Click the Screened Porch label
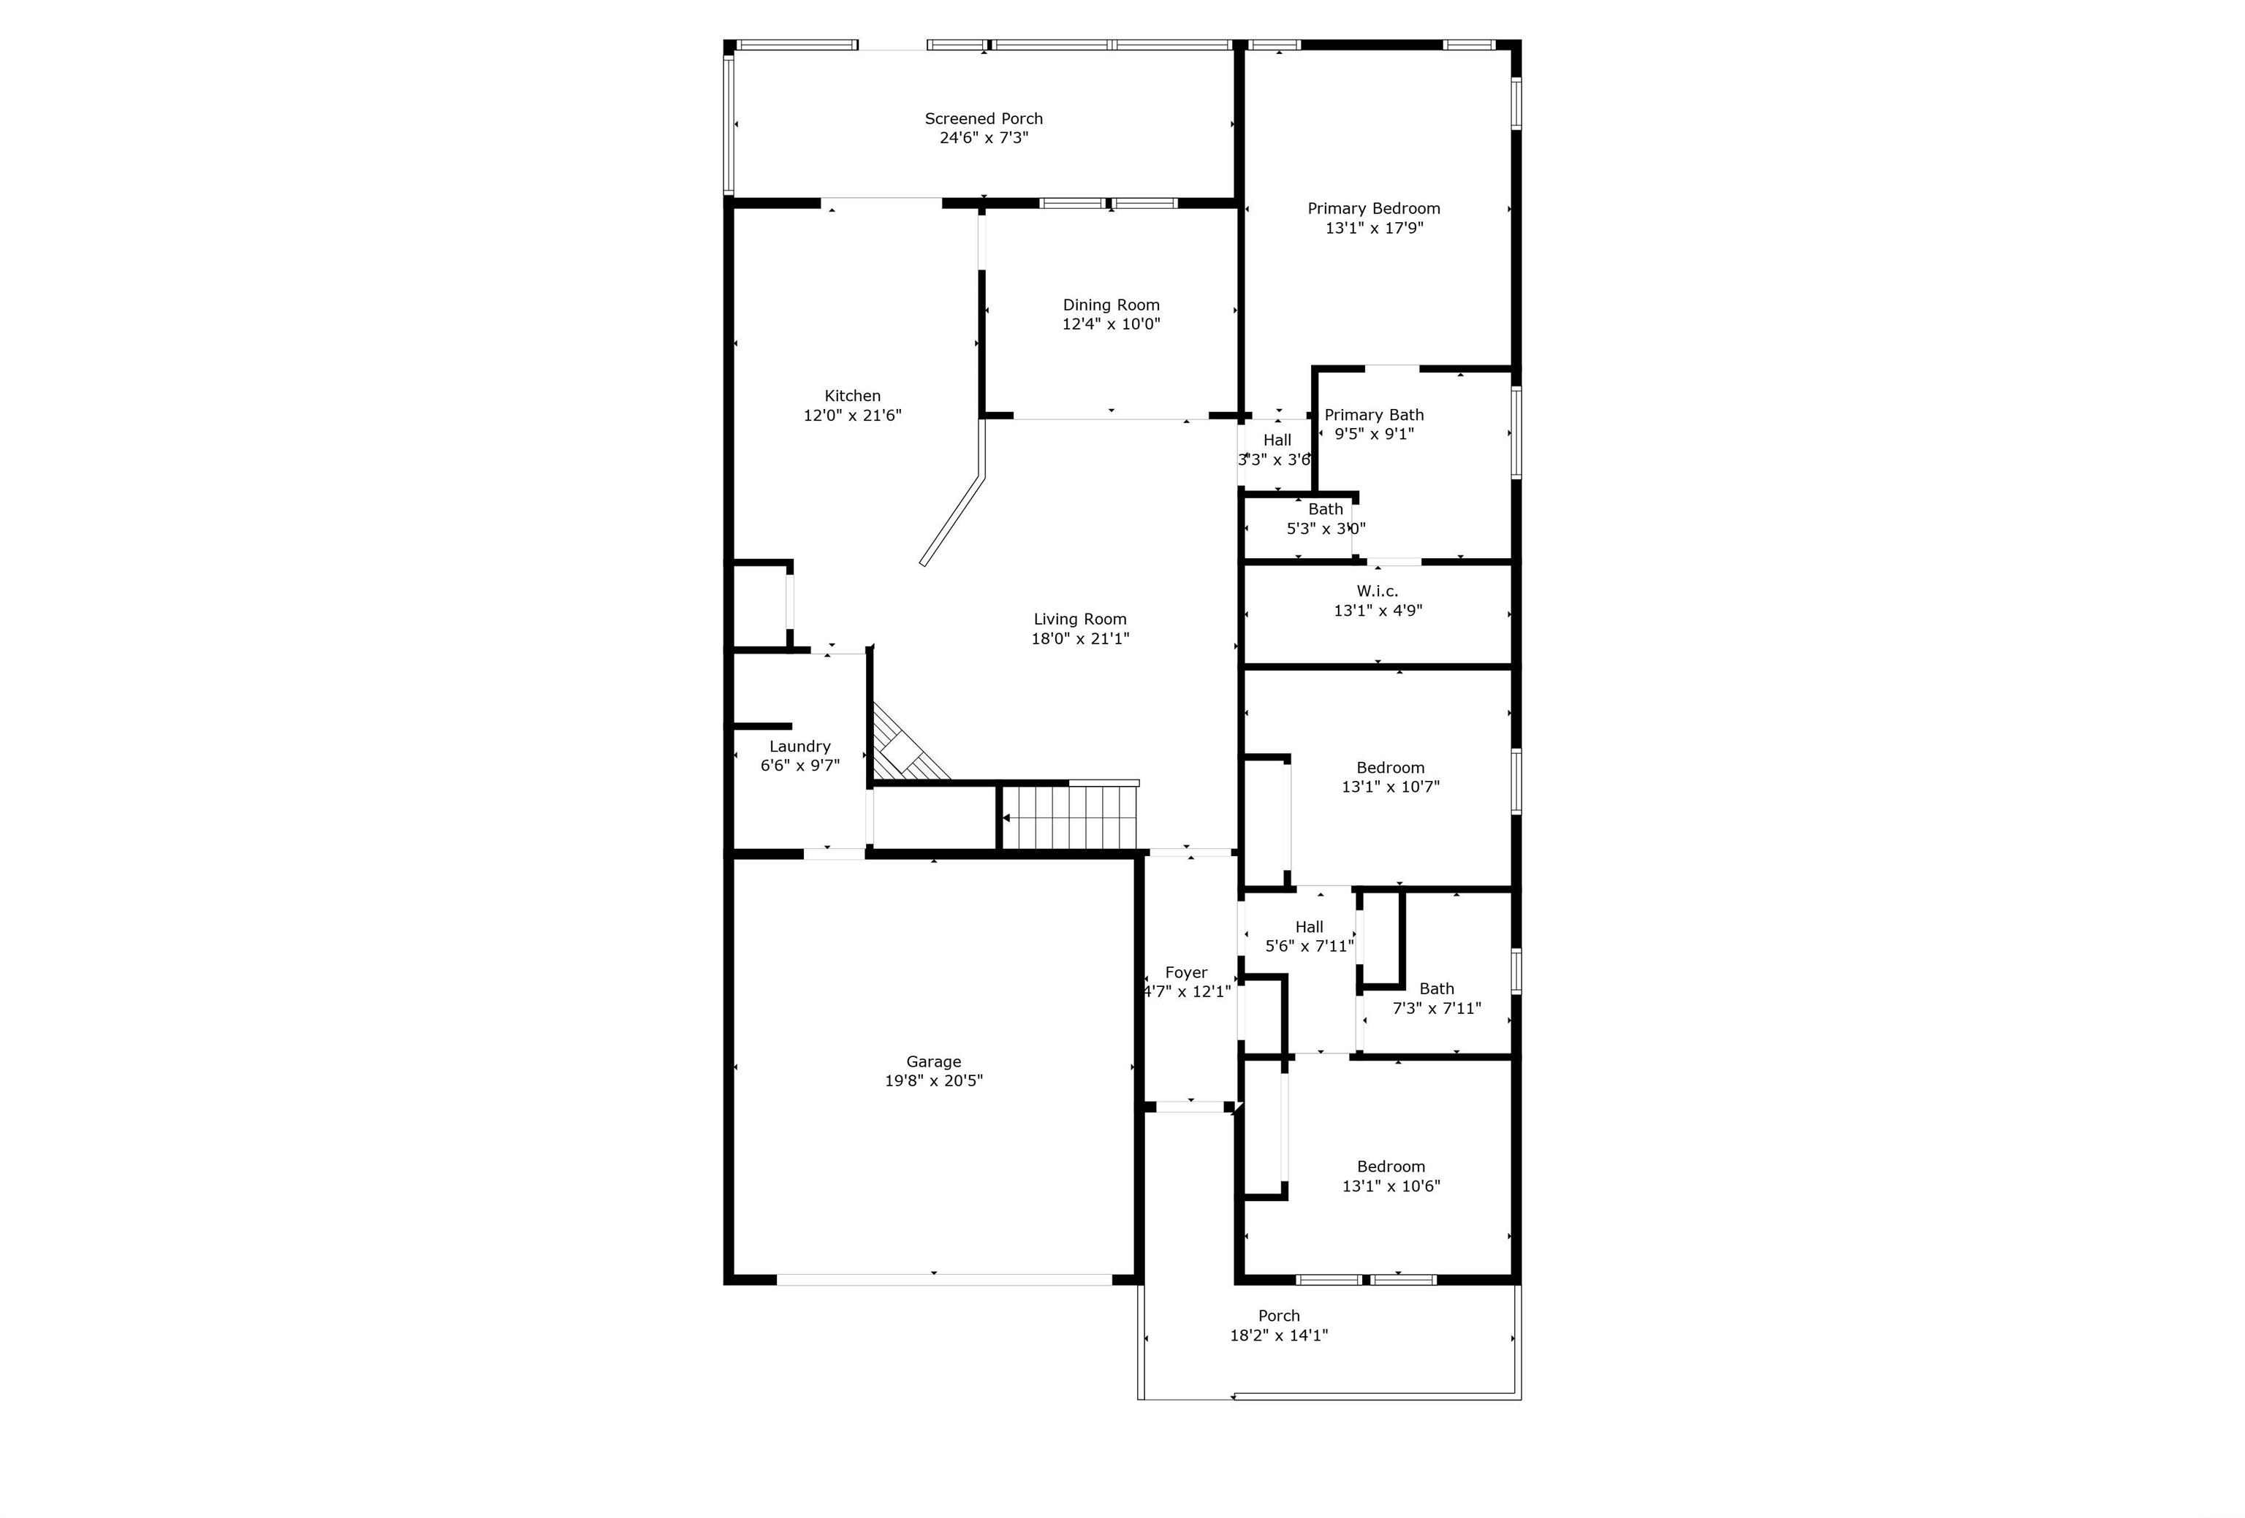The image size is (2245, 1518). pyautogui.click(x=984, y=119)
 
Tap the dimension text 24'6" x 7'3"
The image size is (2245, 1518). pyautogui.click(x=984, y=138)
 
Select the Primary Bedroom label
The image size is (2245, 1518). pyautogui.click(x=1374, y=209)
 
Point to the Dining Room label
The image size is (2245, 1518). pyautogui.click(x=1111, y=305)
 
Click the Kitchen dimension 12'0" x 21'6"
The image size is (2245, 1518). pyautogui.click(x=852, y=415)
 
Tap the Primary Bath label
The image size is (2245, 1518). pyautogui.click(x=1374, y=415)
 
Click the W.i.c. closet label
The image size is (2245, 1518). pyautogui.click(x=1378, y=591)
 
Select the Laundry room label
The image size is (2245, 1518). pyautogui.click(x=799, y=747)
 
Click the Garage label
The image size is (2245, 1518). pyautogui.click(x=933, y=1062)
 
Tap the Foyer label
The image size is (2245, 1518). pyautogui.click(x=1186, y=973)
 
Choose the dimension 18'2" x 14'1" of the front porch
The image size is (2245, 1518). pyautogui.click(x=1279, y=1335)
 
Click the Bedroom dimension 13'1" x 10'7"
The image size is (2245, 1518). pyautogui.click(x=1390, y=787)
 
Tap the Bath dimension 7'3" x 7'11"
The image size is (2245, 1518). pyautogui.click(x=1437, y=1008)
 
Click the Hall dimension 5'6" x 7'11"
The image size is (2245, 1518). pyautogui.click(x=1310, y=946)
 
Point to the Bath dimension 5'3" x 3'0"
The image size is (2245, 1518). pyautogui.click(x=1326, y=529)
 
